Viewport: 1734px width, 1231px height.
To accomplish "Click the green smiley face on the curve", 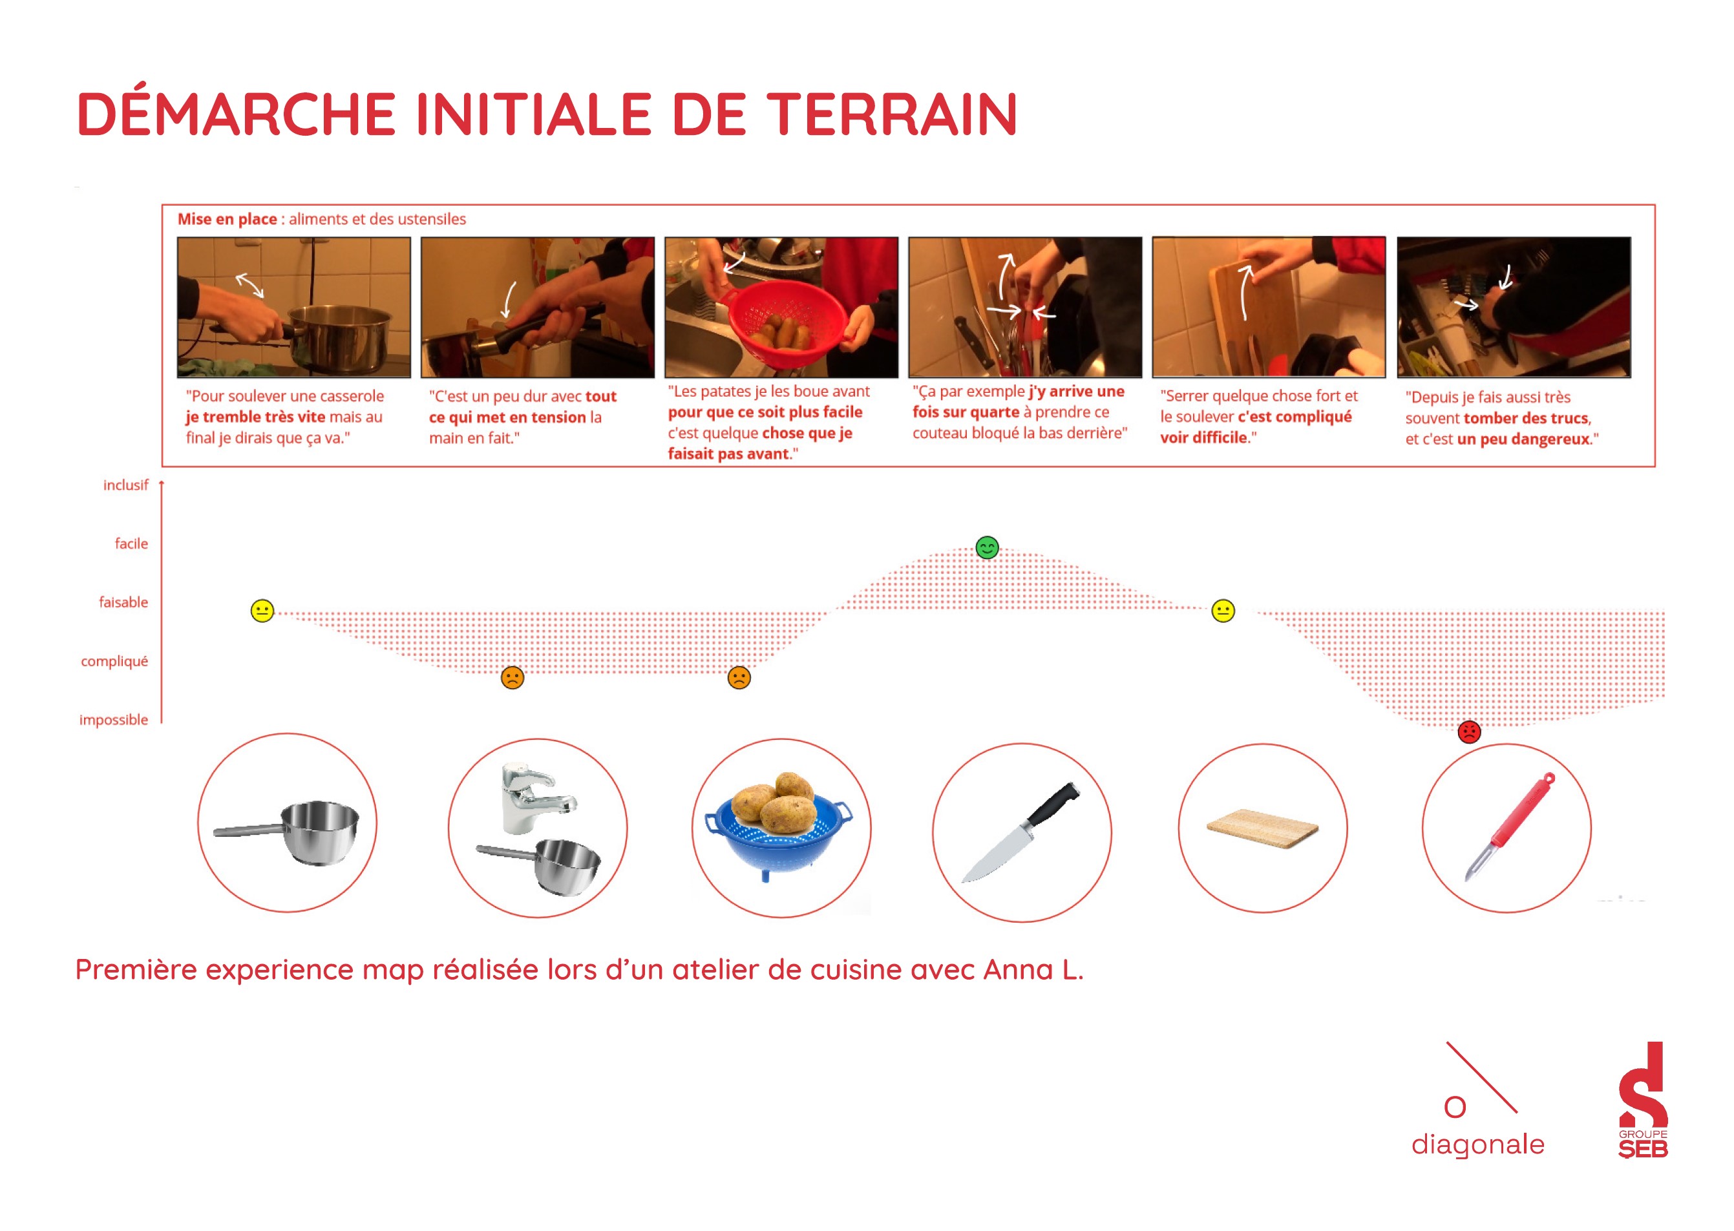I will (x=986, y=547).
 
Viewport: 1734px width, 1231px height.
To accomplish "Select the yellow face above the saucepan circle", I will (x=262, y=611).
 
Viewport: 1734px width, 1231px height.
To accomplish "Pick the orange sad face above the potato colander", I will (x=739, y=677).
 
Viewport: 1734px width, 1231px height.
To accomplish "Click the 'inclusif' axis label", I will (x=126, y=485).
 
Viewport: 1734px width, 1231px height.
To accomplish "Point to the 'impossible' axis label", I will (x=114, y=719).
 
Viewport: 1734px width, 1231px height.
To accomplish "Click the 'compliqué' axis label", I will (x=114, y=661).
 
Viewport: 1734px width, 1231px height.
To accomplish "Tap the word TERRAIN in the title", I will (x=892, y=114).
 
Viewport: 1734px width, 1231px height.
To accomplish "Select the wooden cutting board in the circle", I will (x=1262, y=828).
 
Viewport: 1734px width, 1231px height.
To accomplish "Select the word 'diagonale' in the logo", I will (x=1477, y=1143).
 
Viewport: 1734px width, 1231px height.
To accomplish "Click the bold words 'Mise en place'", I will (x=227, y=219).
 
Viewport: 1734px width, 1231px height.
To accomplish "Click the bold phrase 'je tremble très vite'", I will (x=255, y=417).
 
